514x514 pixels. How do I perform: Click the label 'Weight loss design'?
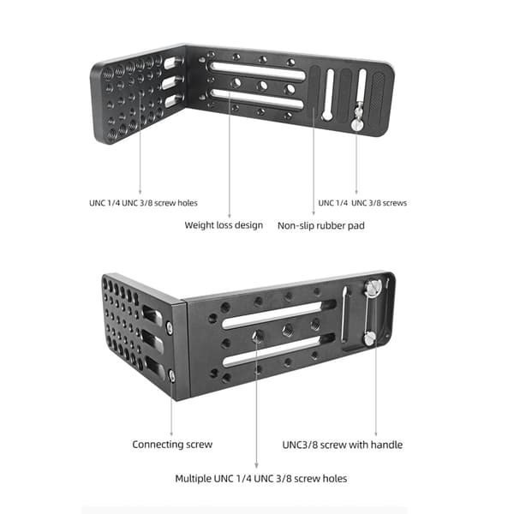point(224,225)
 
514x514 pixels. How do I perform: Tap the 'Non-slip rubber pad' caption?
point(321,225)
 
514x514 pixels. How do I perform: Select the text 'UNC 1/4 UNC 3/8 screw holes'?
point(143,203)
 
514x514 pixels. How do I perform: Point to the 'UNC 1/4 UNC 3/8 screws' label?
point(362,203)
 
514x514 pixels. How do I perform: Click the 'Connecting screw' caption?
point(172,445)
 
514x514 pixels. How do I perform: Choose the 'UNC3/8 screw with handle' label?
point(342,445)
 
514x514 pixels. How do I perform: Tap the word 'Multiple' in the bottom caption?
point(193,479)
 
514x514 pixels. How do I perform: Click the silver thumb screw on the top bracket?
point(356,124)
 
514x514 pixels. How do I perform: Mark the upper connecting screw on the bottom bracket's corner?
point(170,326)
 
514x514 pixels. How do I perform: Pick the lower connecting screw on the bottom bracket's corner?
point(172,375)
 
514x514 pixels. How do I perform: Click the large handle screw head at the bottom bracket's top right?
point(372,288)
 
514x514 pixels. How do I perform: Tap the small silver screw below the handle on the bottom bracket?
point(370,338)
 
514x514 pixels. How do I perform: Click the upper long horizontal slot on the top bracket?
point(258,72)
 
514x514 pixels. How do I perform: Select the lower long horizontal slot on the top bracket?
point(258,99)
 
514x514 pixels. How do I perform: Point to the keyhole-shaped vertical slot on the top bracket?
point(328,95)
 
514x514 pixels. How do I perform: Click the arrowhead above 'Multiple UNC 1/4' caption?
point(256,465)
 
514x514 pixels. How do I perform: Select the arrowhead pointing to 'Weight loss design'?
point(229,215)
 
